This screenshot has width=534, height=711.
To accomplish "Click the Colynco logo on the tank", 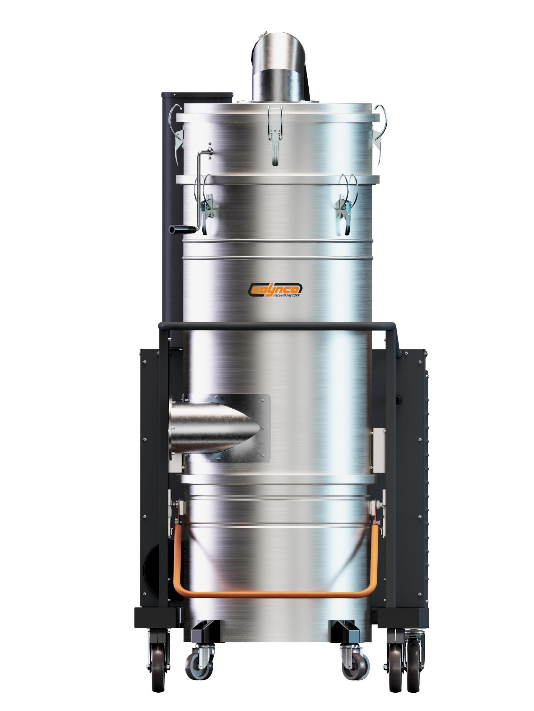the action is tap(275, 289).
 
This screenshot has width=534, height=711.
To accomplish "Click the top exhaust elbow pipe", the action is tap(278, 67).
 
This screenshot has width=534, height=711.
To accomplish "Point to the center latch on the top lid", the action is tap(275, 135).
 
